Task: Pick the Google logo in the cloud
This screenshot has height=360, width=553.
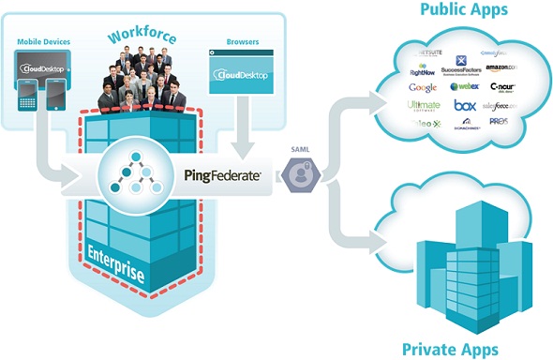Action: (x=424, y=87)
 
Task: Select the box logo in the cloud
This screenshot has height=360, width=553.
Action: (x=465, y=106)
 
